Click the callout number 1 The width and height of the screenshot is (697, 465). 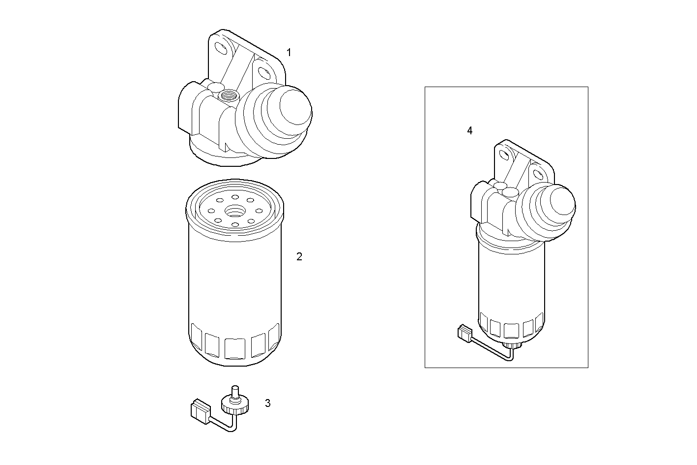tap(289, 52)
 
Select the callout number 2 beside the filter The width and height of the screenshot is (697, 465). tap(299, 256)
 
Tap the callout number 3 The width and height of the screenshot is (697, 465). tap(267, 403)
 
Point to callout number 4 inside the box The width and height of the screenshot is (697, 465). tap(469, 130)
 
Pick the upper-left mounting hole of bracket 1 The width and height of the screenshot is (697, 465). tap(221, 48)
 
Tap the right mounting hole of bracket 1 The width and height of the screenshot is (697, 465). tap(264, 73)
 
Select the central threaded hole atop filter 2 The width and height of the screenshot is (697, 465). tap(235, 211)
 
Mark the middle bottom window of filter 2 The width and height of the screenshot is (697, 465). tap(234, 348)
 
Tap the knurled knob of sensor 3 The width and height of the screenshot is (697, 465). tap(234, 405)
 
